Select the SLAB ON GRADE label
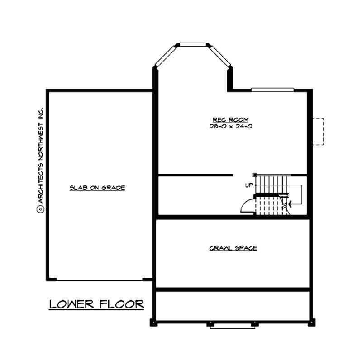pyautogui.click(x=97, y=187)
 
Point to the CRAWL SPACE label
pyautogui.click(x=233, y=248)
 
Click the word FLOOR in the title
pyautogui.click(x=122, y=304)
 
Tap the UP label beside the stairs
pyautogui.click(x=248, y=185)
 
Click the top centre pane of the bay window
pyautogui.click(x=193, y=44)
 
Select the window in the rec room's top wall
pyautogui.click(x=272, y=89)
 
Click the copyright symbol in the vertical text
pyautogui.click(x=40, y=209)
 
